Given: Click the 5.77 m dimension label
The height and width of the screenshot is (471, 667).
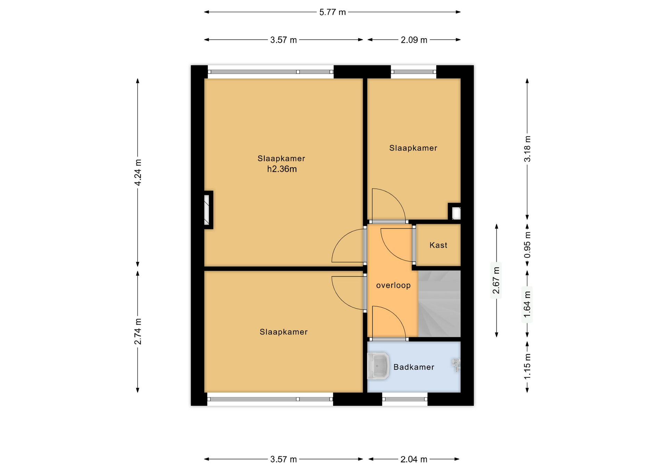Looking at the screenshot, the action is [332, 12].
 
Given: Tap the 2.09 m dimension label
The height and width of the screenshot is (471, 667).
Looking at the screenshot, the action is [414, 40].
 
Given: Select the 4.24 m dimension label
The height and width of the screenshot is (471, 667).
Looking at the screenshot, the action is [138, 172].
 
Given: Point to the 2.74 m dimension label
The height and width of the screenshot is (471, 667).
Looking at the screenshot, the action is [138, 331].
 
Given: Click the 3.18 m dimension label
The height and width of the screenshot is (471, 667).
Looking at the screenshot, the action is [527, 149].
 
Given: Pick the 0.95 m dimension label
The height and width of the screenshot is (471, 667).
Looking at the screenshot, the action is [527, 245].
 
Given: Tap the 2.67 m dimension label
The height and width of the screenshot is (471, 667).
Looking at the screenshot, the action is [496, 280].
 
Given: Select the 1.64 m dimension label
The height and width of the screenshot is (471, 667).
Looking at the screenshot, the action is [527, 305].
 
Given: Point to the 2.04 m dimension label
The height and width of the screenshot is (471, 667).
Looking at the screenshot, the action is [414, 459].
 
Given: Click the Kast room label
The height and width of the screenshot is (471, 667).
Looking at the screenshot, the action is [438, 245].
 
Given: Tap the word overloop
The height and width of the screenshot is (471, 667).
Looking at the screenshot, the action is [393, 285].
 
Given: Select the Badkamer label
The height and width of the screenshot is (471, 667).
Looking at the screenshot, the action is [414, 367].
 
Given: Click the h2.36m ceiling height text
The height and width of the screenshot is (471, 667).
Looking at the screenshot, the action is [282, 169].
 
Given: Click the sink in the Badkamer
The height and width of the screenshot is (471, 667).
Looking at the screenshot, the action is [378, 366].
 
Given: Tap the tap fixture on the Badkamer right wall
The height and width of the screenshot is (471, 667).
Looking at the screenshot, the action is [456, 365].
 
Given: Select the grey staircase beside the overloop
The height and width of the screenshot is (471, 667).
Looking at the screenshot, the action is [439, 304].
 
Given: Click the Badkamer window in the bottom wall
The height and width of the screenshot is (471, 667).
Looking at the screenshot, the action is [405, 399].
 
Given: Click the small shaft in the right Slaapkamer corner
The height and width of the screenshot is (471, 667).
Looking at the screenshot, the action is [455, 212].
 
